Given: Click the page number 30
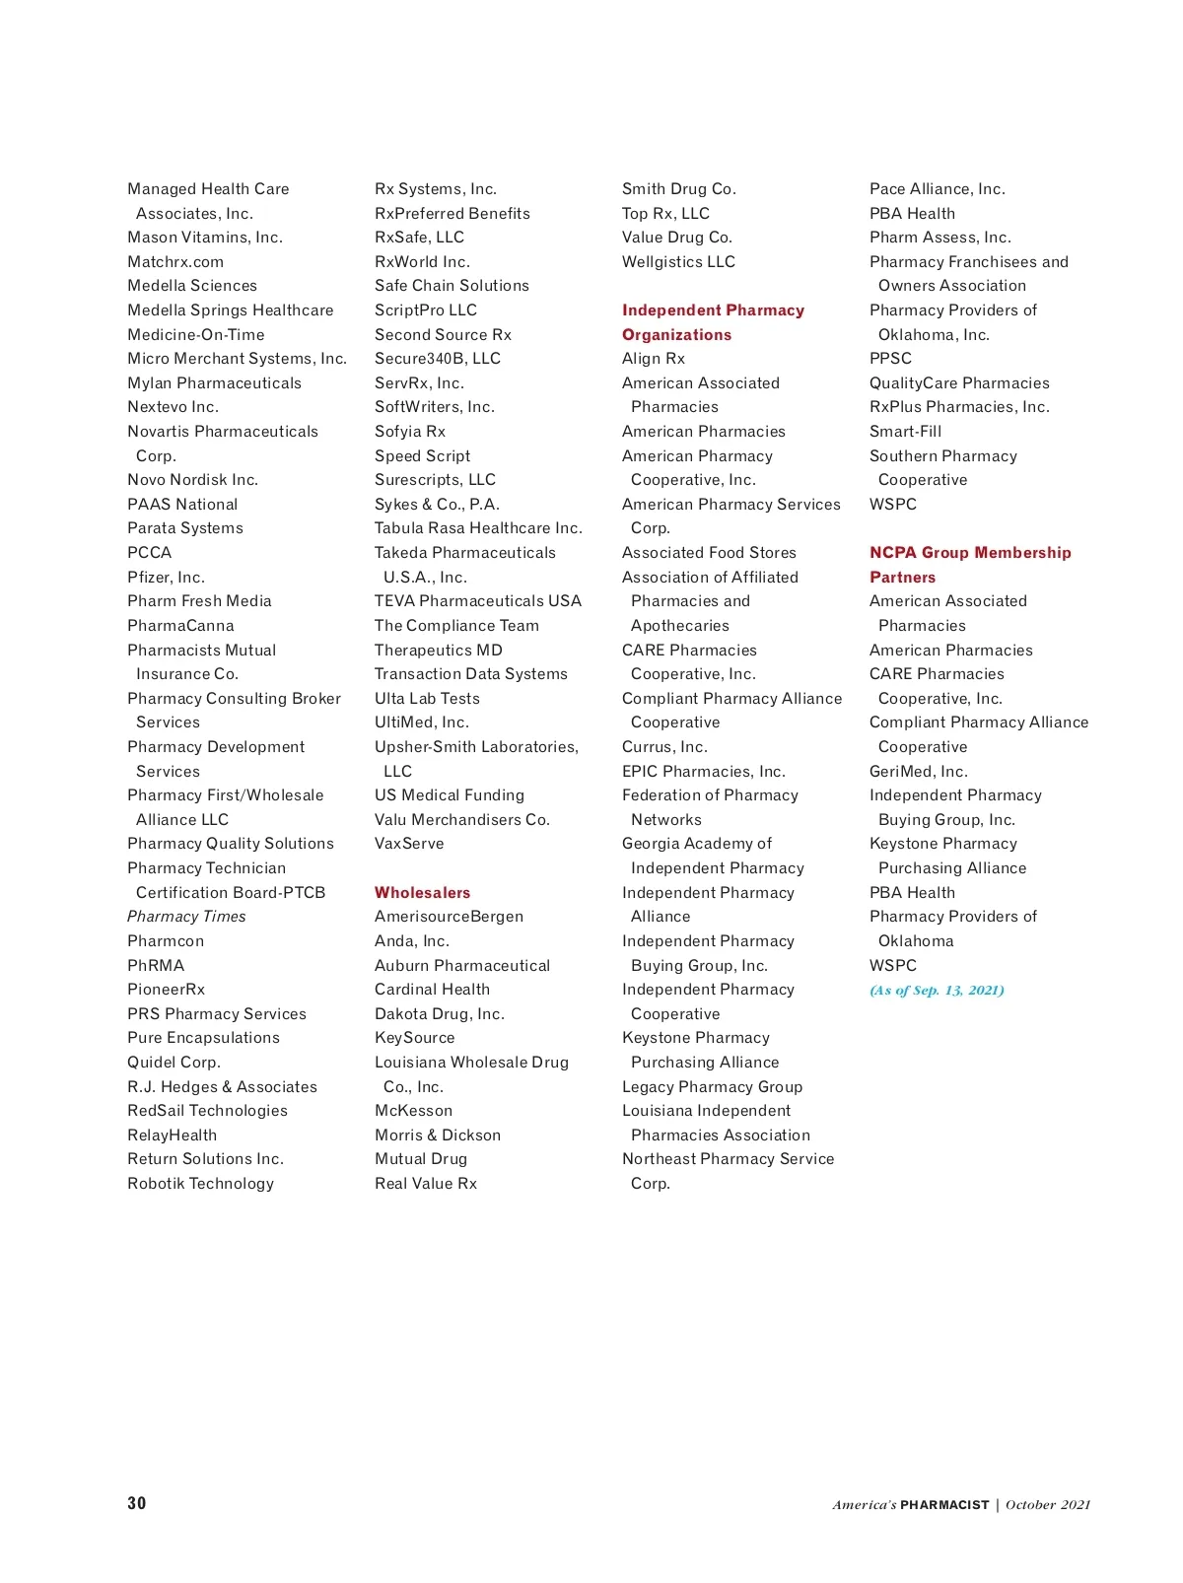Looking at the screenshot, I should (x=136, y=1503).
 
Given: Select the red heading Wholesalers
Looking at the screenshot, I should (x=422, y=892).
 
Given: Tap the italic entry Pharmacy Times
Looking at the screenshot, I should (x=186, y=917).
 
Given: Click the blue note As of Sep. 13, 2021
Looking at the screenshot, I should (x=937, y=991).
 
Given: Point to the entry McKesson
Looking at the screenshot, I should (x=413, y=1111).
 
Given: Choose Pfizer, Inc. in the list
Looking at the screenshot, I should (x=166, y=578).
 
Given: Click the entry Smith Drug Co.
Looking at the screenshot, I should (x=678, y=189).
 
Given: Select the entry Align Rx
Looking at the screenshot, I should (x=653, y=359).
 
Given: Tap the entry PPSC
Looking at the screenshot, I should (x=890, y=359).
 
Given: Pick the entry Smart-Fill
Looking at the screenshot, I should (x=905, y=432).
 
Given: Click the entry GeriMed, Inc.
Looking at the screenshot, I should (x=918, y=772).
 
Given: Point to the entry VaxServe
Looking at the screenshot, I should (x=409, y=844).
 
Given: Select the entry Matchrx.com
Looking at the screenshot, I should (x=175, y=262).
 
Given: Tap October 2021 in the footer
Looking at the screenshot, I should (x=1048, y=1505).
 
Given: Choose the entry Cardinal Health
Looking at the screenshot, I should (x=432, y=990).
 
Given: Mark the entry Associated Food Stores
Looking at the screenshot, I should (x=709, y=553).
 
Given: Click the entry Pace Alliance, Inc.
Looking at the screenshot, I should (x=937, y=189).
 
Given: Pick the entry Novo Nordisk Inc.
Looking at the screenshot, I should (x=192, y=480).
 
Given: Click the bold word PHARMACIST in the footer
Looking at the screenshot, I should (x=944, y=1505).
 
